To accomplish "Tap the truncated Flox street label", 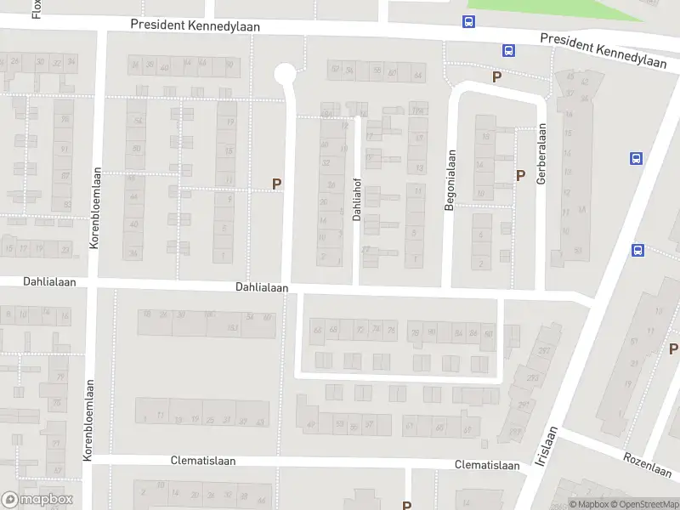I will coord(37,8).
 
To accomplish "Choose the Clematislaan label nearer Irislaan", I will coord(487,465).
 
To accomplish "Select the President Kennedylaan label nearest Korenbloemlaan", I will coord(195,25).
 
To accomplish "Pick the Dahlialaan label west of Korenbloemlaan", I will coord(44,281).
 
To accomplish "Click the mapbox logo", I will coord(37,499).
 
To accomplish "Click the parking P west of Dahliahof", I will coord(276,183).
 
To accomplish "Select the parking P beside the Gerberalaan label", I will coord(520,175).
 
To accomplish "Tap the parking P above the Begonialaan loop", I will coord(496,76).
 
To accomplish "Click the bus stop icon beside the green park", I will coord(468,22).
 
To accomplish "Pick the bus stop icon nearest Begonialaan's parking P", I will coord(508,50).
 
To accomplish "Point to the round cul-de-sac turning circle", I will coord(285,74).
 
